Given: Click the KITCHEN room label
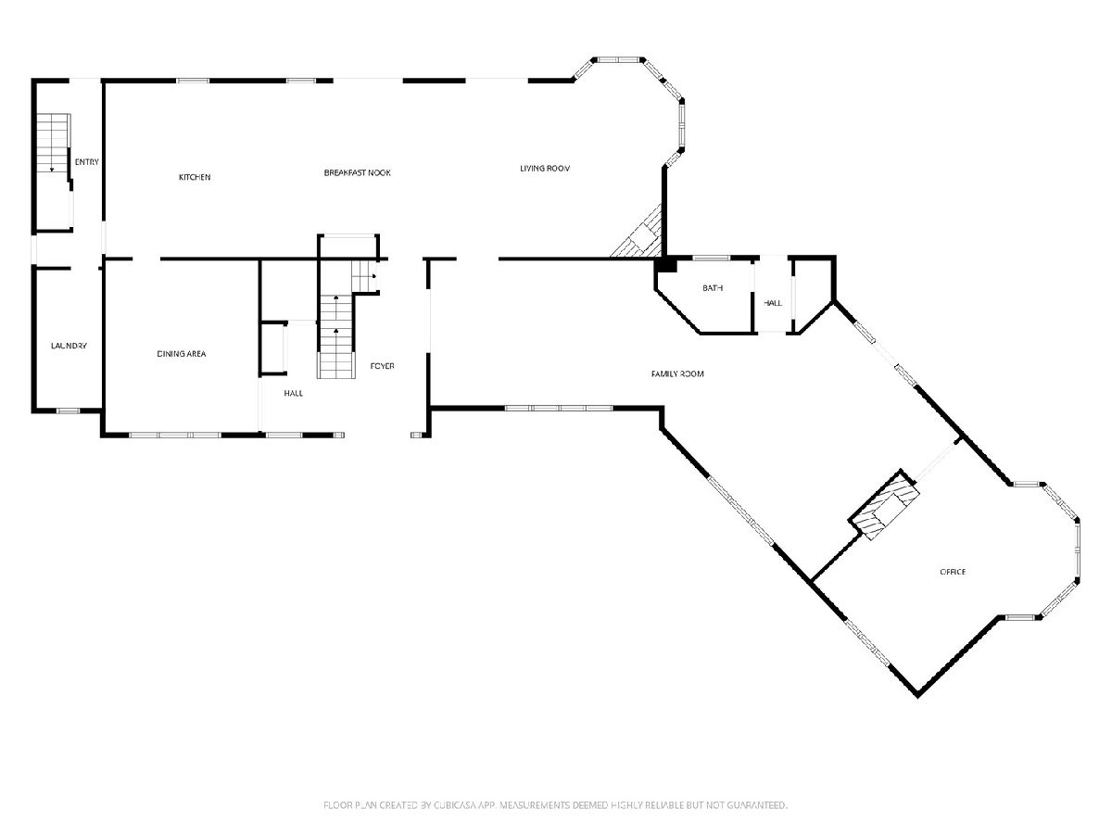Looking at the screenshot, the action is (x=195, y=177).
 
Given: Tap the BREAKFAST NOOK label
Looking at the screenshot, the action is (x=357, y=172).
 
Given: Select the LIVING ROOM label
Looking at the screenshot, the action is (x=545, y=168).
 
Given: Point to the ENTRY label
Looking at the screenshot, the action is (x=86, y=162).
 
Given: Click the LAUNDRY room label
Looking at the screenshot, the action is (x=69, y=346).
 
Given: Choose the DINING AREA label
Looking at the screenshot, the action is (x=182, y=354).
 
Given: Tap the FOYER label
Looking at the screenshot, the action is (x=382, y=366).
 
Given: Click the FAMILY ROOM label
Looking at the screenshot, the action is (x=677, y=374).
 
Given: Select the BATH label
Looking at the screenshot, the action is (x=713, y=288).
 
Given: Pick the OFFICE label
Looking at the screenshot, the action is (x=953, y=572).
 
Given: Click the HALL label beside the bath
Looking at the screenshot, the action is (x=773, y=303).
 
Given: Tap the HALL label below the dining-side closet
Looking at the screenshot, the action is (x=294, y=393).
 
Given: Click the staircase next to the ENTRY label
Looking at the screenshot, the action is (x=53, y=146).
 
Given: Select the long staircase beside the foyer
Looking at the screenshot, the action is (x=335, y=335).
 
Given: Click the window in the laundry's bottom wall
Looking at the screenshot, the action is (x=68, y=411).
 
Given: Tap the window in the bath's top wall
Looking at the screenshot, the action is (x=711, y=259).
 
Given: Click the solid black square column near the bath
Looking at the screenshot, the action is (x=665, y=265).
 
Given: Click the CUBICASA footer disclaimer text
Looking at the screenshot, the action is (x=555, y=804).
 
